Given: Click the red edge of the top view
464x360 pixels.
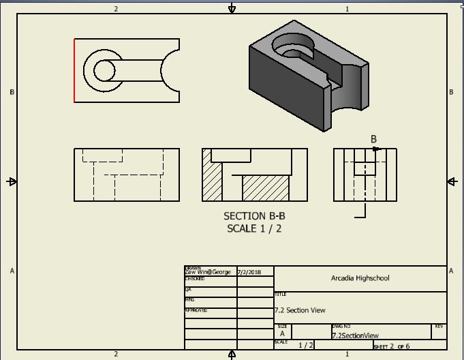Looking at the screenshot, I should [74, 70].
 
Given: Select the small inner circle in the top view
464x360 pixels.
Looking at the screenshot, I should [104, 71].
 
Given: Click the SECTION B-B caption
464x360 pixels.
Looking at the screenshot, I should [254, 216].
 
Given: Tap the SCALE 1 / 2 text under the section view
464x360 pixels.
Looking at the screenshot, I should [254, 228].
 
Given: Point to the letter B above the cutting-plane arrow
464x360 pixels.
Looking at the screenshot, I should [373, 139].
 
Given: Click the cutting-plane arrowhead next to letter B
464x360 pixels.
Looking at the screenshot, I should [376, 149].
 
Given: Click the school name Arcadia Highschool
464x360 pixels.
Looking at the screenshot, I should [360, 278].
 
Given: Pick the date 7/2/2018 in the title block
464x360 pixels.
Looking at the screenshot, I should [249, 272].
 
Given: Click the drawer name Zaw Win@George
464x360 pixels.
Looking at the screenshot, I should [208, 272].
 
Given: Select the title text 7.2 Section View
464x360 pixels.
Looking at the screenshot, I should [300, 310].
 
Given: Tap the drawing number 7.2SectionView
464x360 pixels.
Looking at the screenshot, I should [355, 335].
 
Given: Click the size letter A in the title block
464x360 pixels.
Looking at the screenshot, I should [282, 334].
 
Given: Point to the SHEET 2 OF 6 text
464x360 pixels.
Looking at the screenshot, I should [391, 346].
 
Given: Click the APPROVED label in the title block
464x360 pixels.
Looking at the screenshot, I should [196, 310].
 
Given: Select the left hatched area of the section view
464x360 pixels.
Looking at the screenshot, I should [213, 182].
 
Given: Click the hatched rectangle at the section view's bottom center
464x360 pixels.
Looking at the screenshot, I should [265, 188].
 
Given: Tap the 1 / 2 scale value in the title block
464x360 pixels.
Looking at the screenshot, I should [306, 345].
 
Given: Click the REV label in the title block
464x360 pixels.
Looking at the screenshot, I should [439, 327].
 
